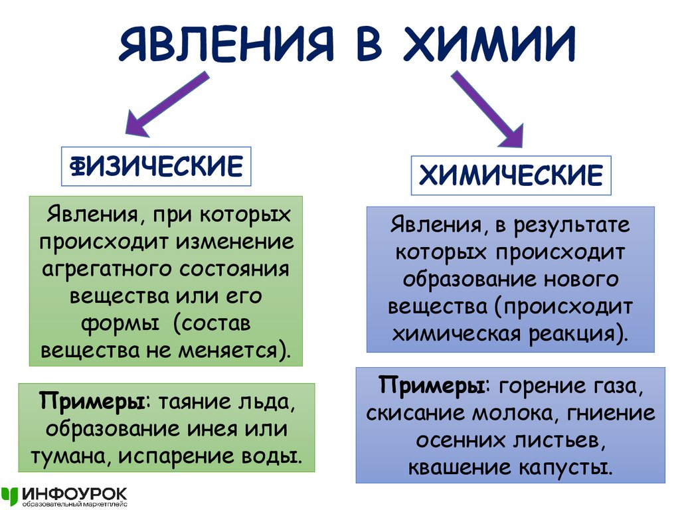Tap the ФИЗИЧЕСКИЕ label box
[157, 167]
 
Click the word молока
[509, 414]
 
